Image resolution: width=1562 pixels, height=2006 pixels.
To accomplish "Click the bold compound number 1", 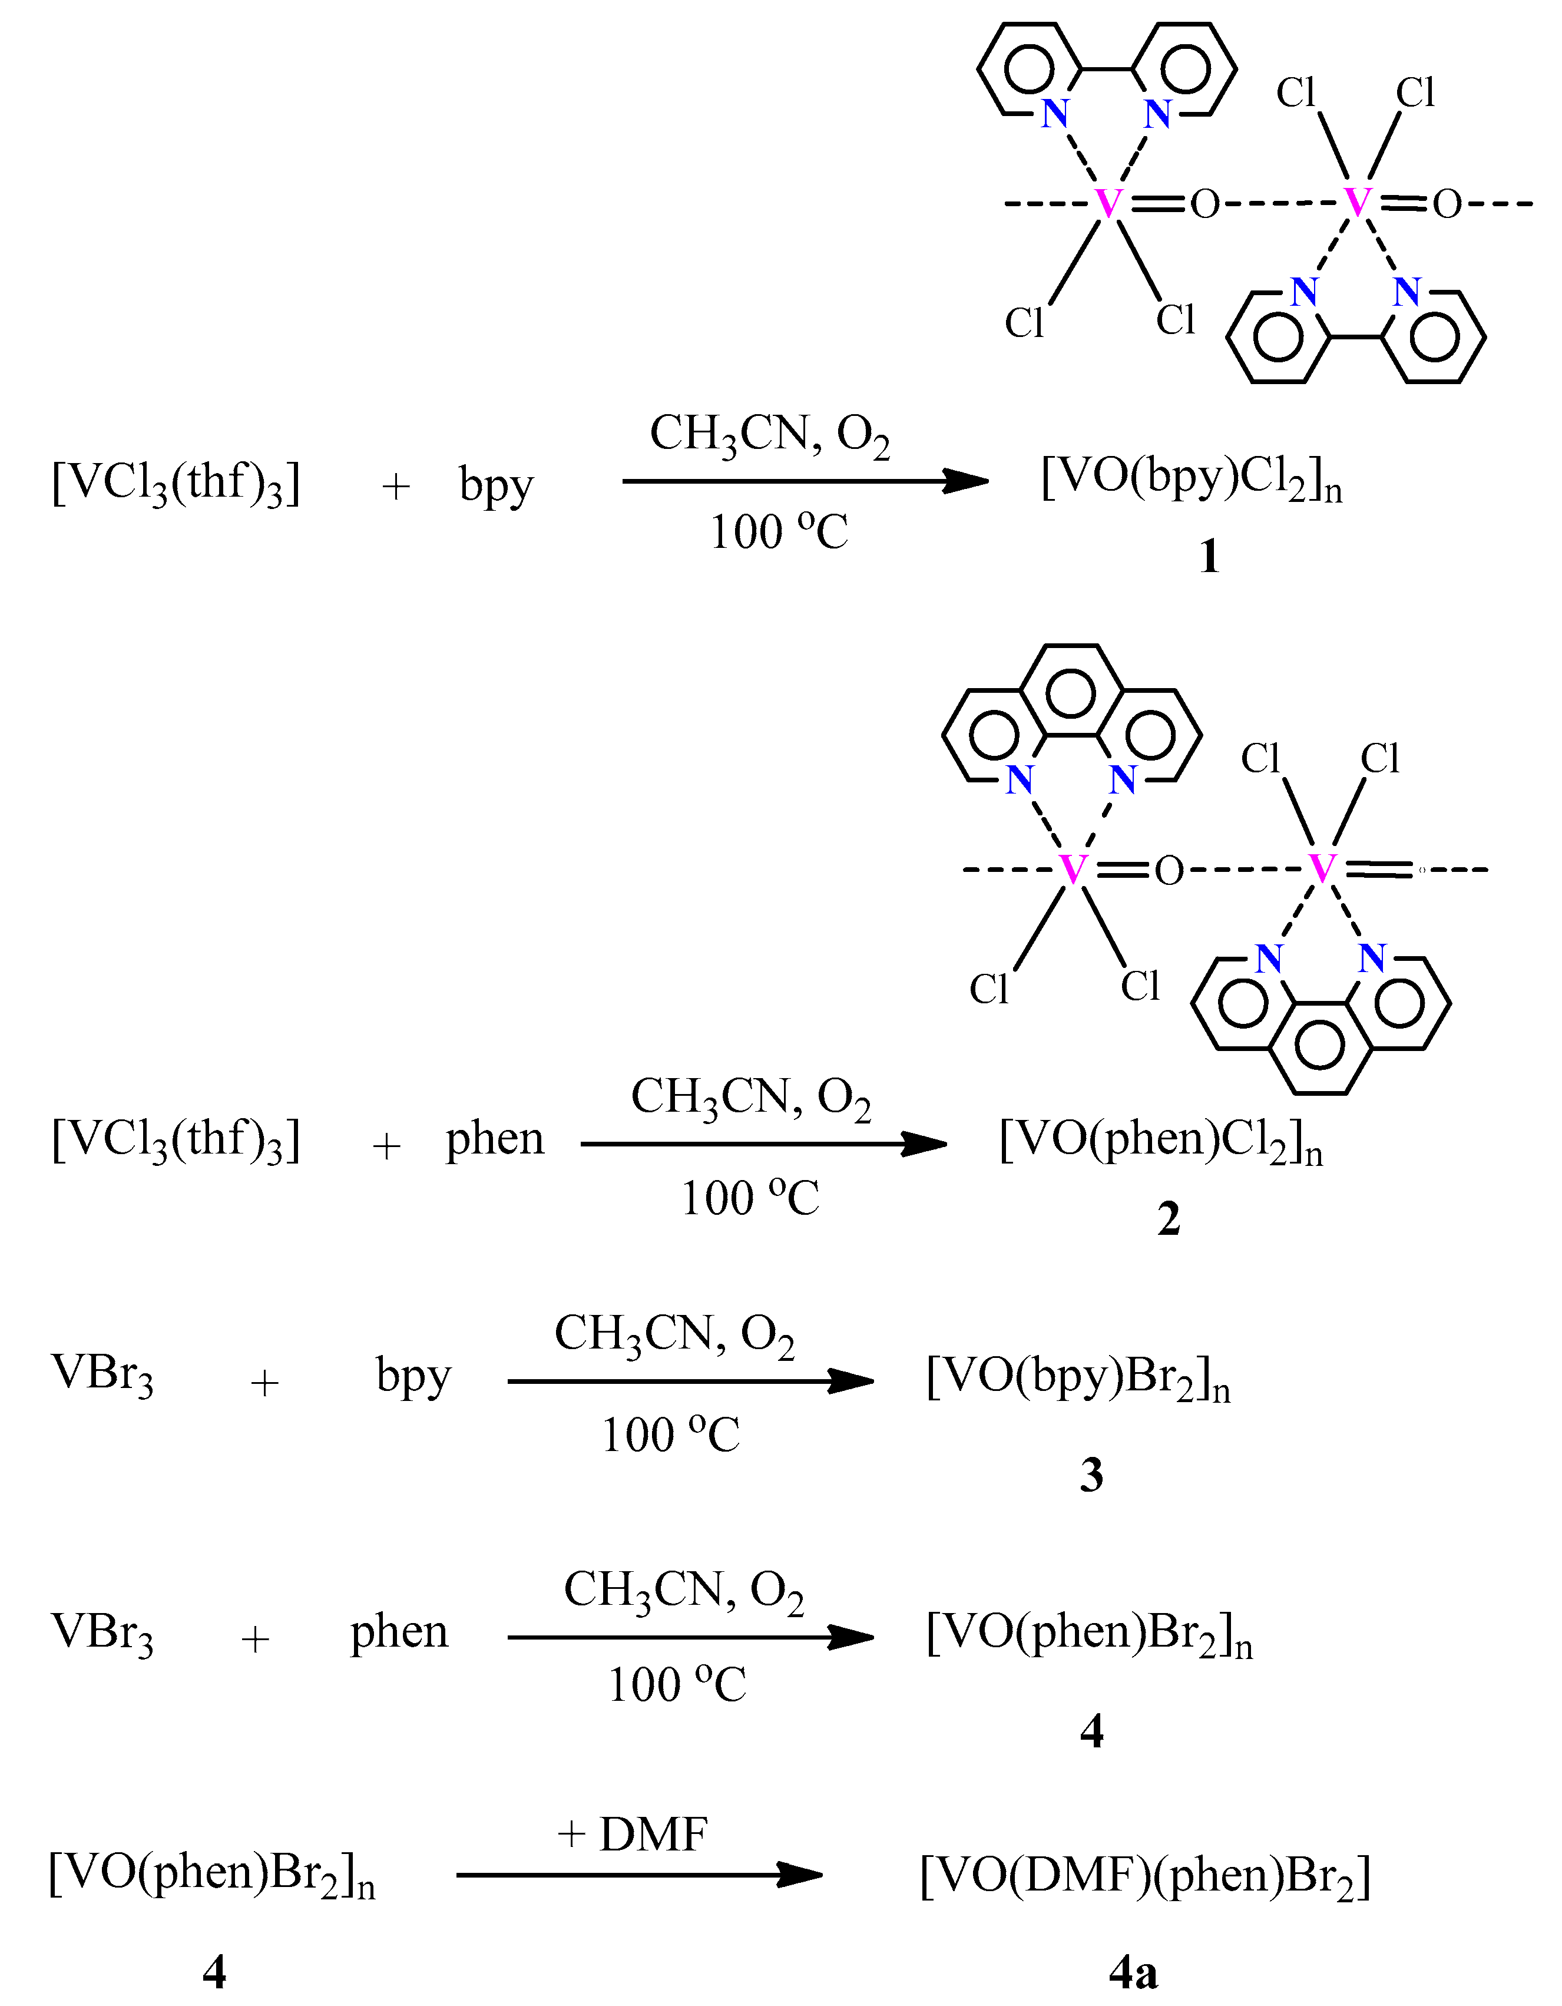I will pyautogui.click(x=1209, y=557).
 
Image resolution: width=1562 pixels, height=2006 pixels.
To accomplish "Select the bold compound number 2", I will pyautogui.click(x=1168, y=1220).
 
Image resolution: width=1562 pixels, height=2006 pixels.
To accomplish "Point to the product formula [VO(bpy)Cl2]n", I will pyautogui.click(x=1191, y=480).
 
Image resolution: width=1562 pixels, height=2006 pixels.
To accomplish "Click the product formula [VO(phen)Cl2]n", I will pyautogui.click(x=1161, y=1142).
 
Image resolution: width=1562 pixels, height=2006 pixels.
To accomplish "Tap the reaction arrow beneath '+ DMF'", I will pyautogui.click(x=638, y=1875).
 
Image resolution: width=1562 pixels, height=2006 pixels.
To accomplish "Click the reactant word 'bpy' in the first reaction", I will pyautogui.click(x=496, y=484).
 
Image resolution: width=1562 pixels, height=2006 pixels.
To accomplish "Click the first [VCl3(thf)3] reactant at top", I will pyautogui.click(x=176, y=483).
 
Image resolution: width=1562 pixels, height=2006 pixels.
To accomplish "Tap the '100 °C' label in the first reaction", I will pyautogui.click(x=779, y=533).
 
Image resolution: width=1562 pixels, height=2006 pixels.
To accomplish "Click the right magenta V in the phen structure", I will pyautogui.click(x=1322, y=868).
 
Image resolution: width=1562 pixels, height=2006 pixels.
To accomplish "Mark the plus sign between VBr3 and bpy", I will pyautogui.click(x=264, y=1382).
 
